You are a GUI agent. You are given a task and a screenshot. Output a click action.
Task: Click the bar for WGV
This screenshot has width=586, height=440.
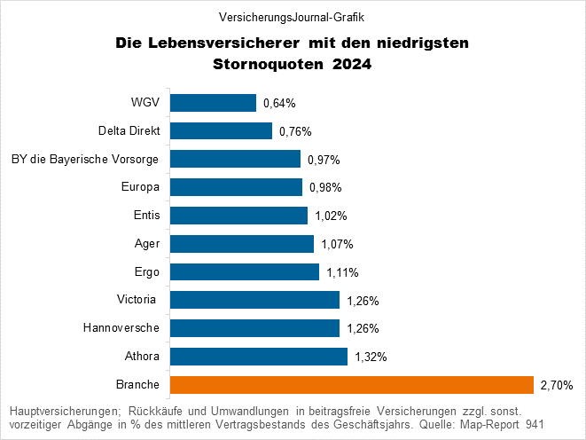pos(213,103)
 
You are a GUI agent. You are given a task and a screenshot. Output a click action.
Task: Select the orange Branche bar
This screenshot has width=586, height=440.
pos(351,384)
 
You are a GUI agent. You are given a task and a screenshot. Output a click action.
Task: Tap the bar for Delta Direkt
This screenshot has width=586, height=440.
pos(221,131)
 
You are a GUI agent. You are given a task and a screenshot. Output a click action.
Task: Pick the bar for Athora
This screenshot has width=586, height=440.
pos(258,357)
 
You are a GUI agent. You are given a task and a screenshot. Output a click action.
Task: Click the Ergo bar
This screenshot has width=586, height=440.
pos(244,271)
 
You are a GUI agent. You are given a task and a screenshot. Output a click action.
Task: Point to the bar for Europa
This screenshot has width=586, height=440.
pos(236,187)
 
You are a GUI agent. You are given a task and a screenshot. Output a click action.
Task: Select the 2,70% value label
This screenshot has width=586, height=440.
pos(557,386)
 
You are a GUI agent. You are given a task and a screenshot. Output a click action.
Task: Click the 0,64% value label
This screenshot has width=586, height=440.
pos(279,104)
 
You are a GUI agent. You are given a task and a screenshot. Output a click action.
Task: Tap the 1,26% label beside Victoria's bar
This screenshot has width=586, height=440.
pos(363,301)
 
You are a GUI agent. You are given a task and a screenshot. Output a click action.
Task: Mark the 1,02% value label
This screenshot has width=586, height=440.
pos(331,216)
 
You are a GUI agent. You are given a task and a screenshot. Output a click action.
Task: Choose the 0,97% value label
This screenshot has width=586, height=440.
pos(324,160)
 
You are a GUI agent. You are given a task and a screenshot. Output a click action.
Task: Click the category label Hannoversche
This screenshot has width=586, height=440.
pos(121,328)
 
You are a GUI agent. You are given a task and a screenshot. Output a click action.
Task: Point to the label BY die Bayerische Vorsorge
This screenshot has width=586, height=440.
pos(84,160)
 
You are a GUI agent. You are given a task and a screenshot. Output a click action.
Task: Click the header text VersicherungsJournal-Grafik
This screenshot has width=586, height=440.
pos(292,17)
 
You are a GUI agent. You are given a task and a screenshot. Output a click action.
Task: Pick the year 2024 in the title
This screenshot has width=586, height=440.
pos(352,64)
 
